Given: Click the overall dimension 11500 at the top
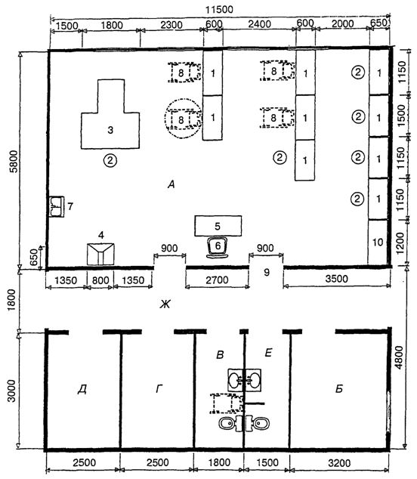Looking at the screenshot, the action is click(219, 10).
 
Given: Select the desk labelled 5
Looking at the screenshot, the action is click(218, 226).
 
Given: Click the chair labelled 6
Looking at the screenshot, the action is click(218, 248).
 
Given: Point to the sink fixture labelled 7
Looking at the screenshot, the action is click(57, 206).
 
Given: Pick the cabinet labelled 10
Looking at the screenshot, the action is click(378, 243).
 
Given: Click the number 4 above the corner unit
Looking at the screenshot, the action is click(101, 235).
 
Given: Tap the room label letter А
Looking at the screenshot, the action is click(171, 184).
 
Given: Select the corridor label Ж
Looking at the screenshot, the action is click(165, 304).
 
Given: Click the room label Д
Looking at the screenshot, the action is click(82, 389).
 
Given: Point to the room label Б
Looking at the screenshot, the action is click(338, 388).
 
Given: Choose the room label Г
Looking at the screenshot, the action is click(159, 388).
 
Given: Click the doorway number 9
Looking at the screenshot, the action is click(267, 272).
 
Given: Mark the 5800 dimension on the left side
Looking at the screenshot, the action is click(14, 161).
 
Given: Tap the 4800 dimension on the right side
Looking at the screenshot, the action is click(399, 357).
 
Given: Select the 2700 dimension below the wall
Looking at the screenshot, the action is click(217, 280).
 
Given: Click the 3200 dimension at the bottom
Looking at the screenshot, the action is click(339, 463).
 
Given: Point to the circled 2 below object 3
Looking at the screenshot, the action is click(110, 159).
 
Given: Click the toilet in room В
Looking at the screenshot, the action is click(230, 423).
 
